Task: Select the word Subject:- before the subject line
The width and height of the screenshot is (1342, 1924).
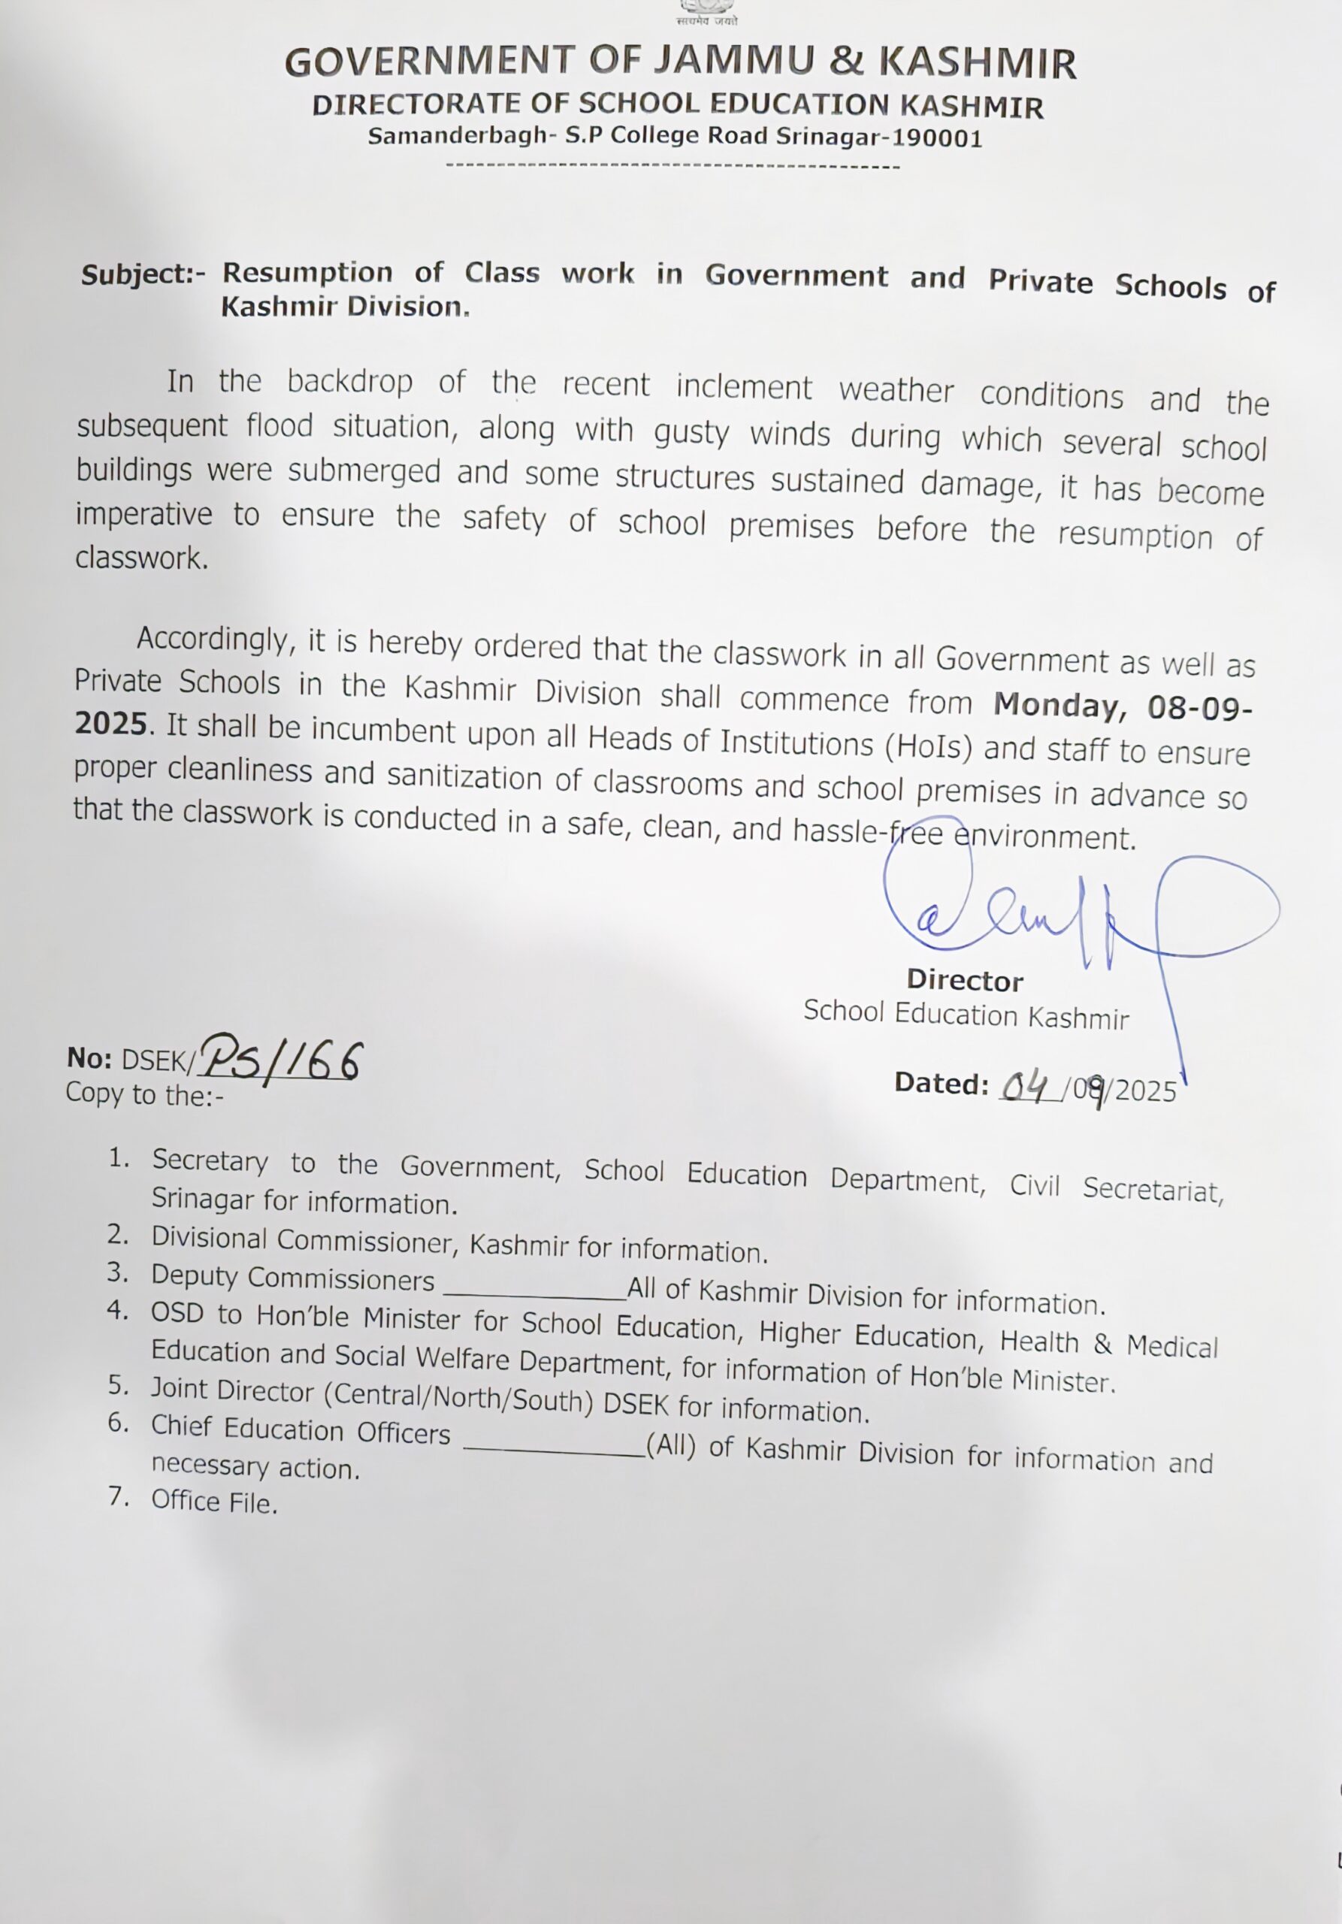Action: point(143,275)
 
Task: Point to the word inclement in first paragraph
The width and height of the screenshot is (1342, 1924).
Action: point(743,387)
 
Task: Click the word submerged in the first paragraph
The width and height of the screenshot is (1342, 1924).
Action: point(364,471)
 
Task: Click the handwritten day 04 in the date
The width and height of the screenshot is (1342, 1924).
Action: point(1026,1087)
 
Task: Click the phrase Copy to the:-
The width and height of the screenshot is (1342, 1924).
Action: point(145,1094)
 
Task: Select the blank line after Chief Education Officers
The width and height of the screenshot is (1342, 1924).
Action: point(554,1452)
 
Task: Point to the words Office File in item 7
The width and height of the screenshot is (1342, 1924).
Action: point(213,1502)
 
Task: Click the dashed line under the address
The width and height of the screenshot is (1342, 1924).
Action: point(673,167)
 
